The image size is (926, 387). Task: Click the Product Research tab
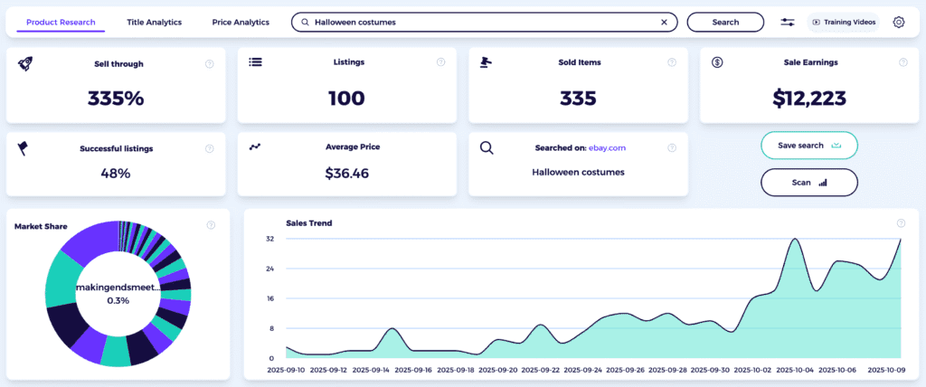pos(61,22)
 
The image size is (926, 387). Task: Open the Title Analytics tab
pos(154,22)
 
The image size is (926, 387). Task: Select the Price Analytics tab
pos(241,22)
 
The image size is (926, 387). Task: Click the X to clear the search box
pos(664,22)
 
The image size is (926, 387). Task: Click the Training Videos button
pos(843,22)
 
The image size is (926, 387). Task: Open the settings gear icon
pos(898,22)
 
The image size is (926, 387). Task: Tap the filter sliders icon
pos(788,22)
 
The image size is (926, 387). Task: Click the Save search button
pos(808,145)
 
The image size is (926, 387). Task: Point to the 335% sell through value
pos(116,99)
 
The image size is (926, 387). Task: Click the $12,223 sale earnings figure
pos(808,99)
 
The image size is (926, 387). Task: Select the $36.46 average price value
pos(346,173)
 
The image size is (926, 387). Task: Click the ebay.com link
pos(608,147)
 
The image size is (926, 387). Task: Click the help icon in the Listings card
pos(440,62)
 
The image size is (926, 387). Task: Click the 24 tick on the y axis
pos(269,269)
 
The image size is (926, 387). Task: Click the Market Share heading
pos(41,226)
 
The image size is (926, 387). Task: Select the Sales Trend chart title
pos(308,222)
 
